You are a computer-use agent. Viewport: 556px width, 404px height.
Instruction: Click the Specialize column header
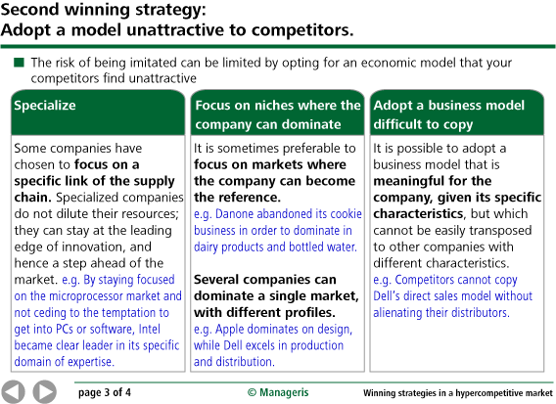click(45, 105)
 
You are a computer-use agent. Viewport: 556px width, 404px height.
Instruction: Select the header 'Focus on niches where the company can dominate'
click(277, 114)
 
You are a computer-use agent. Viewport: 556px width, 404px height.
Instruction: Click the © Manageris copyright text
click(277, 392)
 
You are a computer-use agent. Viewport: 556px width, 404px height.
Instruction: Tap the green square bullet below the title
click(19, 63)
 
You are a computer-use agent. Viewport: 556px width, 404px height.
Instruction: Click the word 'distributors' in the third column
click(478, 313)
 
